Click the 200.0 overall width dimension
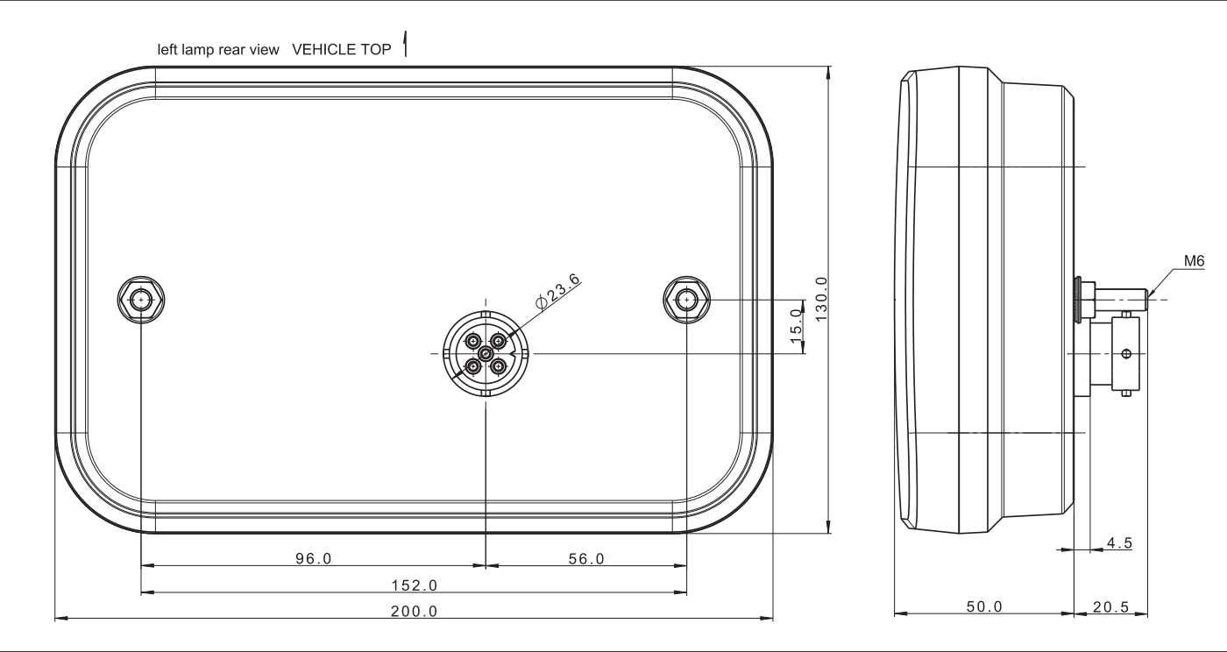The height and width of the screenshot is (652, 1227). [x=414, y=611]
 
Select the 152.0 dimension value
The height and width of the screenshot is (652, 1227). [x=414, y=585]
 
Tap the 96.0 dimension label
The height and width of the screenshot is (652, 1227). [x=313, y=558]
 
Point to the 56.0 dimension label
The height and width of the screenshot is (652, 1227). [x=585, y=558]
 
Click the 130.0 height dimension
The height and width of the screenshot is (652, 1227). [x=821, y=298]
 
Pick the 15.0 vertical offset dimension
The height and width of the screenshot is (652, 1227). [x=796, y=326]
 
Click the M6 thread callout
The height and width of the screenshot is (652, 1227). [x=1193, y=261]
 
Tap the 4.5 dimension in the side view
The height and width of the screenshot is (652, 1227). [x=1118, y=543]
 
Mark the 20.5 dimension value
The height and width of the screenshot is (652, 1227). [x=1111, y=606]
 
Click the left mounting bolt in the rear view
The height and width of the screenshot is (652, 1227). [x=141, y=301]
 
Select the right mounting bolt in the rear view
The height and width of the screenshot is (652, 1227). [x=686, y=301]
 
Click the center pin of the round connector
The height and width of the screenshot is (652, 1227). [x=485, y=352]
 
